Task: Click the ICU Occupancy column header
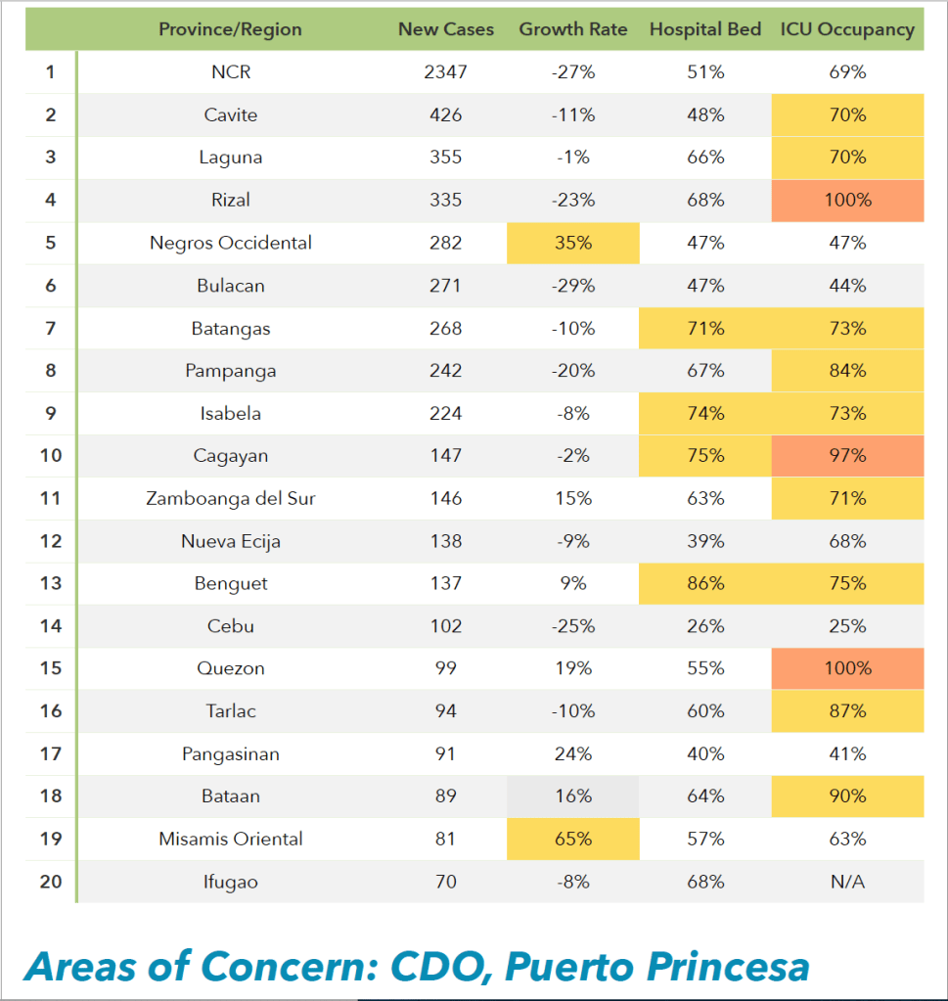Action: pyautogui.click(x=847, y=29)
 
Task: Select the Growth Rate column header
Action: pyautogui.click(x=573, y=29)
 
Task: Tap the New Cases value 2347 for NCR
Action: pyautogui.click(x=446, y=72)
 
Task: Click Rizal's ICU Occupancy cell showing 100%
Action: pyautogui.click(x=847, y=201)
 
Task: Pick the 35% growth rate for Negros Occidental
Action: pyautogui.click(x=573, y=243)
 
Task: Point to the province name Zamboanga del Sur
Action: pyautogui.click(x=231, y=499)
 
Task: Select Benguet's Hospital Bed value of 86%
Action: pyautogui.click(x=705, y=584)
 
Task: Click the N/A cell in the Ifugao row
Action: pyautogui.click(x=847, y=883)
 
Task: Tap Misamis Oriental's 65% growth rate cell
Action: pyautogui.click(x=573, y=840)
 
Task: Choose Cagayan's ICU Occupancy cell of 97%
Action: pyautogui.click(x=847, y=456)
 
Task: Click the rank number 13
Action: pyautogui.click(x=51, y=584)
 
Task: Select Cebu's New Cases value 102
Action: pyautogui.click(x=446, y=626)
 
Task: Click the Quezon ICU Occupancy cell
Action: pyautogui.click(x=847, y=669)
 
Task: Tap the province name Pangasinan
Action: pyautogui.click(x=231, y=754)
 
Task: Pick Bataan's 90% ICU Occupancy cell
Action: pyautogui.click(x=847, y=796)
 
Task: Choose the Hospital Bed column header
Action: pyautogui.click(x=705, y=29)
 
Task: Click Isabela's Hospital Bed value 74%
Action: pyautogui.click(x=705, y=414)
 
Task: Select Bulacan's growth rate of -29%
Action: pyautogui.click(x=573, y=286)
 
